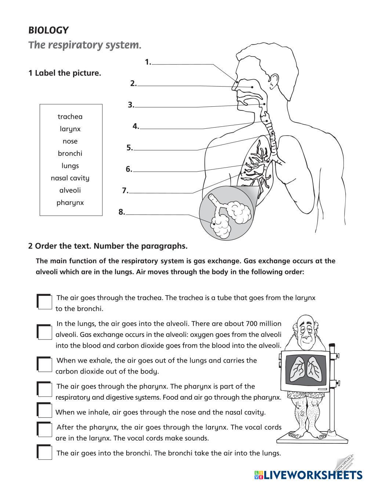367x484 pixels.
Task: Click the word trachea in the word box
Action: click(70, 117)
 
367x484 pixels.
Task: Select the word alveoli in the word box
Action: click(70, 190)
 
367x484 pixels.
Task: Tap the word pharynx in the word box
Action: click(70, 202)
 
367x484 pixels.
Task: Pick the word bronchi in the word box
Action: click(70, 153)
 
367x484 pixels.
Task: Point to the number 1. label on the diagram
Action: click(148, 62)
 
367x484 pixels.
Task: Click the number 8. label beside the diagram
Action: click(122, 212)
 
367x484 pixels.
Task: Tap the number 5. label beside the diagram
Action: click(130, 148)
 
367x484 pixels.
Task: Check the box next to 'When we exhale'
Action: click(45, 364)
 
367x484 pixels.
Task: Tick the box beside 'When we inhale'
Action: click(45, 410)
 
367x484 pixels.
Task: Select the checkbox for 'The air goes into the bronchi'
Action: click(45, 452)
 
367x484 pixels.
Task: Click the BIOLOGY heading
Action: click(48, 30)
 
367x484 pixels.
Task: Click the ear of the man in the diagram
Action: click(272, 81)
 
